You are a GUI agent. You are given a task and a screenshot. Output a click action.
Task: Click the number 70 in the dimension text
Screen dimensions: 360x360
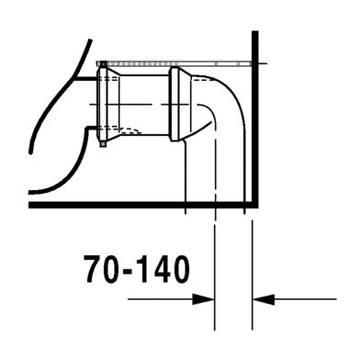tap(102, 271)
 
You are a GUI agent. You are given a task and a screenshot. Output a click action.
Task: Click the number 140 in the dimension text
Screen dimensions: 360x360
tap(161, 271)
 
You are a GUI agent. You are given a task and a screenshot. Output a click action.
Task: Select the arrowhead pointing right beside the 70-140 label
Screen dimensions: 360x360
tap(208, 298)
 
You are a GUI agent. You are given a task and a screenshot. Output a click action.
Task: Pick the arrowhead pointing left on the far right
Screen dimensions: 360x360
tap(259, 298)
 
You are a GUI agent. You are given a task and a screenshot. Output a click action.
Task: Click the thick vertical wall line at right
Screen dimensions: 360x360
tap(253, 119)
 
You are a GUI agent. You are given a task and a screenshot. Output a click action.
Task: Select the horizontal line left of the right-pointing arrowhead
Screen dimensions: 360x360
tap(161, 298)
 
